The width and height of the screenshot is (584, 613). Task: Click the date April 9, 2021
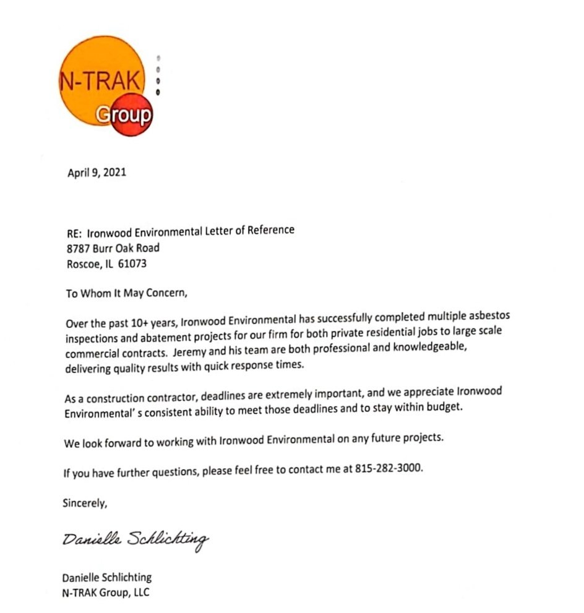pos(97,173)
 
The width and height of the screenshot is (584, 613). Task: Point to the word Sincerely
pos(85,503)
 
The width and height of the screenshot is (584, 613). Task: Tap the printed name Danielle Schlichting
pos(106,578)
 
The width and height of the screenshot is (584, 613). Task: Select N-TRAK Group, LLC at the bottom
pos(106,593)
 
